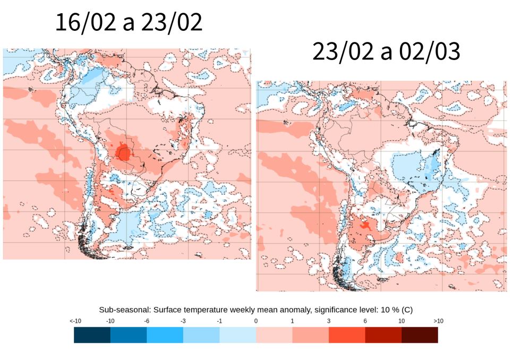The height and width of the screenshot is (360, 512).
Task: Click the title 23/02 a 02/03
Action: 386,52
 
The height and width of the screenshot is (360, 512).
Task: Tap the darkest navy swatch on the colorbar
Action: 92,335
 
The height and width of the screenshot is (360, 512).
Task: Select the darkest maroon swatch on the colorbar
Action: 420,335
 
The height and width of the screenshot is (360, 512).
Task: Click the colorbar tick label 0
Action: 256,321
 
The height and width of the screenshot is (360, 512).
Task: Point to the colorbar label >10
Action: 438,321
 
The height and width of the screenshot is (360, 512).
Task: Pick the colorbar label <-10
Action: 75,321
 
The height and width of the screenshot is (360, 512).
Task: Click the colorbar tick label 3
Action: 329,321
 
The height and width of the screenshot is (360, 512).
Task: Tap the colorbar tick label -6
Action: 147,321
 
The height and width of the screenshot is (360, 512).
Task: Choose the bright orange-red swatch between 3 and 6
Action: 347,335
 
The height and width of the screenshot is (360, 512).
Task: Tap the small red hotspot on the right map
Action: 365,226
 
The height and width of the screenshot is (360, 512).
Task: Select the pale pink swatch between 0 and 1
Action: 274,335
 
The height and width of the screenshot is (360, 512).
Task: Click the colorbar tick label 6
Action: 365,321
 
